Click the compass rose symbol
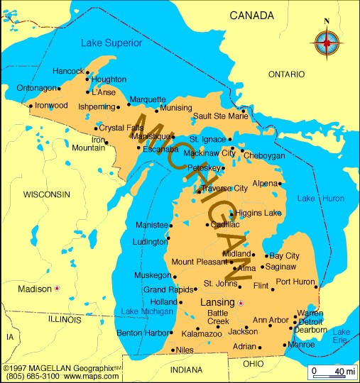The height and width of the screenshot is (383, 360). point(326,45)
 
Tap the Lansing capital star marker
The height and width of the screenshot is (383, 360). point(241,303)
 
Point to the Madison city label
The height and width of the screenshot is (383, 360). point(34,289)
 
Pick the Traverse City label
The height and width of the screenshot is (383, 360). point(224,188)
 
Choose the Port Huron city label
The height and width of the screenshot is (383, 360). point(294,282)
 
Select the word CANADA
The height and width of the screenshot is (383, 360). point(252,15)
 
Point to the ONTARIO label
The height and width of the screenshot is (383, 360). point(286,74)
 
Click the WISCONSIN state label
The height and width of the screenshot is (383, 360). point(47,194)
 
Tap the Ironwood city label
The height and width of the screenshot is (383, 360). point(51,105)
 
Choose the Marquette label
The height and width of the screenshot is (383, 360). point(148,99)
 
